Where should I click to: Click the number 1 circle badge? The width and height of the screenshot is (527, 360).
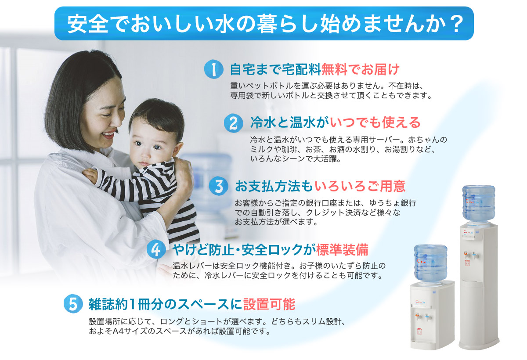tap(213, 69)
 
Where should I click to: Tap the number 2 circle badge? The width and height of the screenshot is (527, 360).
tap(233, 123)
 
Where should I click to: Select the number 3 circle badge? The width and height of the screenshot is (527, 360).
tap(219, 186)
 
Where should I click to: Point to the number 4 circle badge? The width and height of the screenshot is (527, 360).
tap(156, 249)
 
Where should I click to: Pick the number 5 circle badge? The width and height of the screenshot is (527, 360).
tap(73, 304)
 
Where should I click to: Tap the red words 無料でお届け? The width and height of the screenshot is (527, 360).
tap(361, 69)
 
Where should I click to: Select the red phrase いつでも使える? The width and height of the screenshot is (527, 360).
tap(375, 123)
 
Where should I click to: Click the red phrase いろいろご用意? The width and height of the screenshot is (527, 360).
tap(360, 186)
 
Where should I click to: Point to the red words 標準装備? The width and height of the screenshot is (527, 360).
tap(342, 250)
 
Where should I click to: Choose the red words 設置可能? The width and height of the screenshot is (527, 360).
tap(269, 304)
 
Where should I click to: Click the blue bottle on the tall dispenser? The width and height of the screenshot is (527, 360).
tap(479, 204)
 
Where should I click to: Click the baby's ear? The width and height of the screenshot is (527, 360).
tap(177, 150)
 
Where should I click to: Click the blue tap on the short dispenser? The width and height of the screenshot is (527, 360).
tap(427, 317)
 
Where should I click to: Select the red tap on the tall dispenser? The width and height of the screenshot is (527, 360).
tap(466, 255)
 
